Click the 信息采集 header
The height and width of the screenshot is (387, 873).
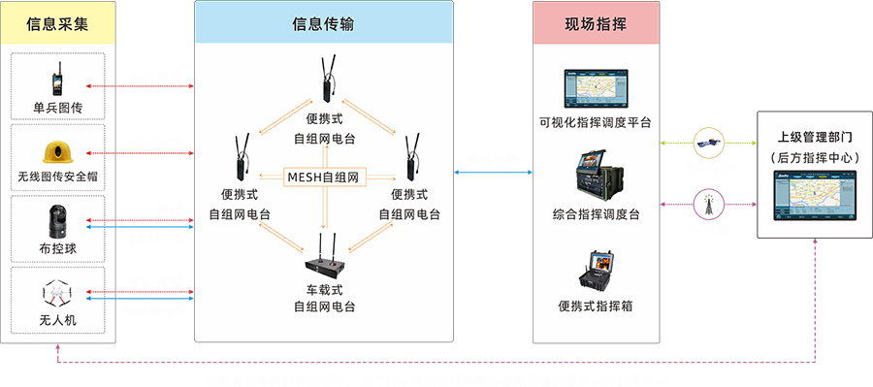tap(59, 23)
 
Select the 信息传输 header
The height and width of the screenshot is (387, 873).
tap(323, 23)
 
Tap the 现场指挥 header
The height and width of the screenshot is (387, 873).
tap(596, 23)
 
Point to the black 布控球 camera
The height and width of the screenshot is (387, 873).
tap(55, 222)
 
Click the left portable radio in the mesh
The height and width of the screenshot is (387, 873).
tap(239, 159)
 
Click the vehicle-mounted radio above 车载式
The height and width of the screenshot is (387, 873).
tap(323, 257)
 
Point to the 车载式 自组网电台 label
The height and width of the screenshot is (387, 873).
tap(323, 298)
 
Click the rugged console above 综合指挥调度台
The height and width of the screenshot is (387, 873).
tap(595, 176)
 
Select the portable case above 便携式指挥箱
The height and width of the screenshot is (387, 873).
tap(596, 272)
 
